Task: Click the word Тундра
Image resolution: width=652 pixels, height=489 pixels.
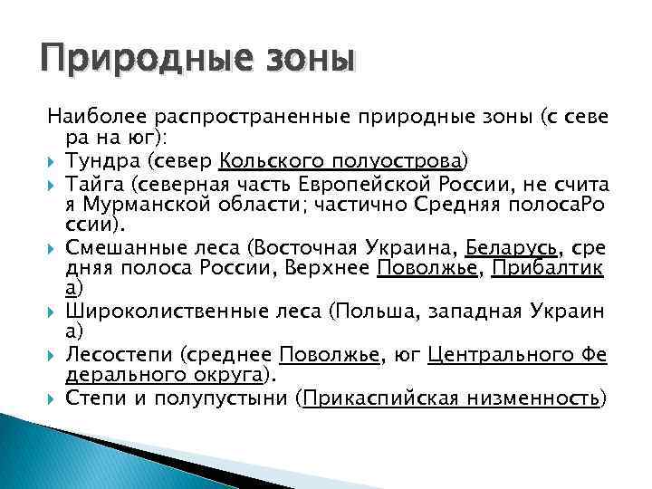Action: coord(97,161)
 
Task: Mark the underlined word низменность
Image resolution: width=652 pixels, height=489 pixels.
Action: coord(529,398)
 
